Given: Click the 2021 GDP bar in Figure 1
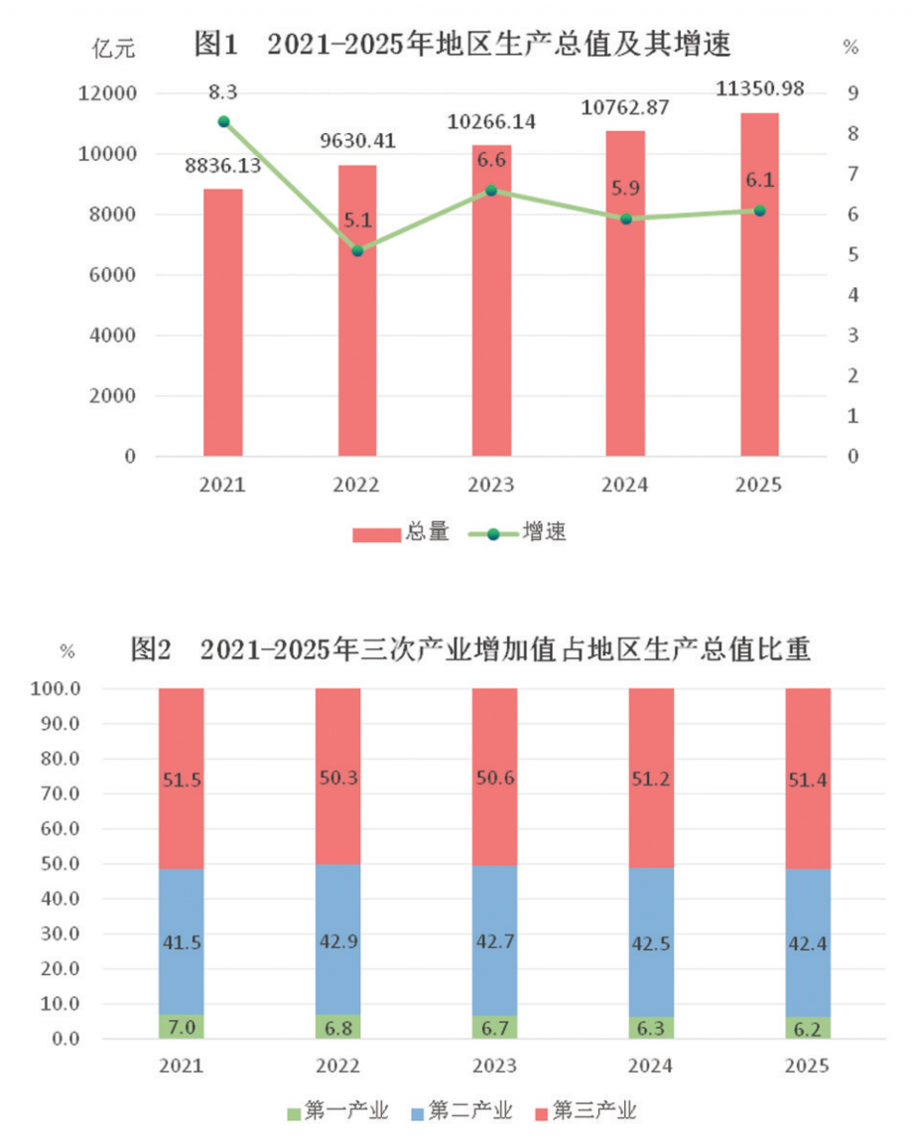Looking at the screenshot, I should [223, 323].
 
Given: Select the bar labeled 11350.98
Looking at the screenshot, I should [759, 288].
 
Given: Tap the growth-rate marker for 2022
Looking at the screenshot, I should [357, 250].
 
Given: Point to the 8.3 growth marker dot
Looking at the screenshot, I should [223, 121].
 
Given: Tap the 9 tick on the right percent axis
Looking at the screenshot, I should [852, 93].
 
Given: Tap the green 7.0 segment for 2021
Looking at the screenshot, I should [182, 1027].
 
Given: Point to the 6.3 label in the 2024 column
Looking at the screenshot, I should [651, 1028].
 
